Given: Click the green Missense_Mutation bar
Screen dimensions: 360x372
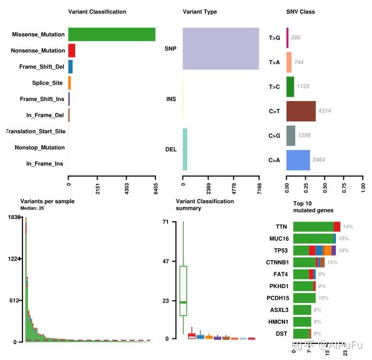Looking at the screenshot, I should click(x=111, y=35).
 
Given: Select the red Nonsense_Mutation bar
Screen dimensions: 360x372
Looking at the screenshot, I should click(x=72, y=50).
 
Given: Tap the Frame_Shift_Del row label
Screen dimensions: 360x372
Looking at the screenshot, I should click(x=42, y=67).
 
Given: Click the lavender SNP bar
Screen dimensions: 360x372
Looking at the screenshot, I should click(x=221, y=48).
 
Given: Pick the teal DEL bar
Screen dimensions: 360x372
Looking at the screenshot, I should click(x=185, y=149).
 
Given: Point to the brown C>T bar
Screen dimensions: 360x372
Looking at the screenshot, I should click(x=301, y=111).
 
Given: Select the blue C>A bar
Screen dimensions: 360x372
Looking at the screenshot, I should click(x=298, y=160).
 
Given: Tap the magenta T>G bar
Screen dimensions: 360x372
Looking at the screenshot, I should click(x=288, y=37).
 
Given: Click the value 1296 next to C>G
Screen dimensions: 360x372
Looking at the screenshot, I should click(x=304, y=136).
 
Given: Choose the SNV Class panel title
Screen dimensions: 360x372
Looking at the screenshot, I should click(x=300, y=12).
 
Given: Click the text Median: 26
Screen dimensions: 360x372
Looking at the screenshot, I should click(x=32, y=209).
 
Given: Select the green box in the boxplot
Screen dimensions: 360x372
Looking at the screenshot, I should click(x=183, y=290).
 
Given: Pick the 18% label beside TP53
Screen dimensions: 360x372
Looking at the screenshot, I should click(x=344, y=250).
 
